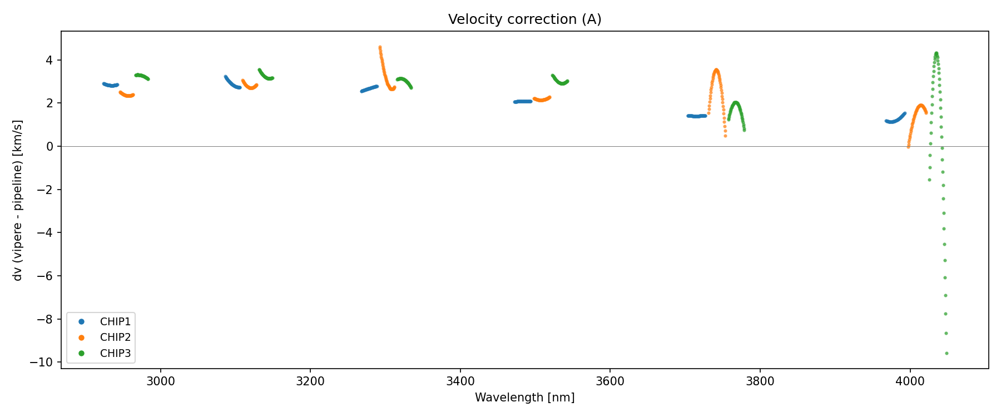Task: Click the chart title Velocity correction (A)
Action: coord(524,19)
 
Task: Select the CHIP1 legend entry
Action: coord(115,322)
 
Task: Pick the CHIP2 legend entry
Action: coord(115,337)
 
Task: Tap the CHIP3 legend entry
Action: coord(115,353)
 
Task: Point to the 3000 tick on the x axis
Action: coord(160,381)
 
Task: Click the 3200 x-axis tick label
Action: coord(310,381)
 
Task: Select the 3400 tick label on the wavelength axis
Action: coord(460,381)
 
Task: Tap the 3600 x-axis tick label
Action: coord(610,381)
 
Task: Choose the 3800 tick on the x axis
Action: coord(760,381)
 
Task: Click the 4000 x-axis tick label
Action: coord(910,381)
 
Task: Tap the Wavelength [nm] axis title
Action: coord(524,398)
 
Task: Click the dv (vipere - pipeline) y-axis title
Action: coord(18,200)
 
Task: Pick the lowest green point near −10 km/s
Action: coord(947,354)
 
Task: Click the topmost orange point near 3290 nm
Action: coord(380,47)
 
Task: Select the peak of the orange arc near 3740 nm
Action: coord(716,70)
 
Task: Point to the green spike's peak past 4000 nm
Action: coord(936,53)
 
